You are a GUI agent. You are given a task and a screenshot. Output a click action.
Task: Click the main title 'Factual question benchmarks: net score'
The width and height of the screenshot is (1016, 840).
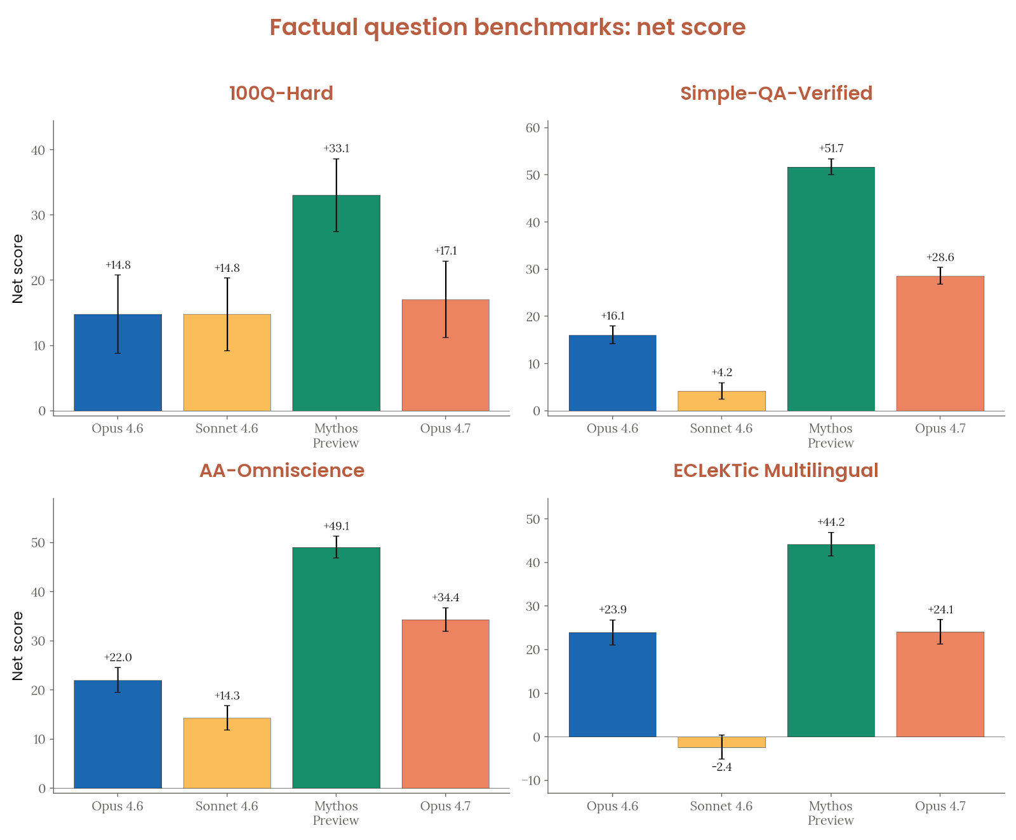pyautogui.click(x=507, y=27)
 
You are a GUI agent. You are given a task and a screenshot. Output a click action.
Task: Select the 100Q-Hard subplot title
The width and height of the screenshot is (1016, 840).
pyautogui.click(x=281, y=93)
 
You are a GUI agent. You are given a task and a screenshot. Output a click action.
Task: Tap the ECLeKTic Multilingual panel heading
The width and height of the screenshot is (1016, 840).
pyautogui.click(x=775, y=470)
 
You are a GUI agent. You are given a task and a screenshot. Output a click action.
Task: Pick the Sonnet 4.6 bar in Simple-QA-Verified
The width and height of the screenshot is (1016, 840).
pyautogui.click(x=721, y=401)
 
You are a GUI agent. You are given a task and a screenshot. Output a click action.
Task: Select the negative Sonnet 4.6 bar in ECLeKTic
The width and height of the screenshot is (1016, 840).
pyautogui.click(x=721, y=742)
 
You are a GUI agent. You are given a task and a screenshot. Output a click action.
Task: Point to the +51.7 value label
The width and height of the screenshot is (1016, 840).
pyautogui.click(x=831, y=149)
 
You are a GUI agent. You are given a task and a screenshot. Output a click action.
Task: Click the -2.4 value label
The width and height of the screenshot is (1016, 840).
pyautogui.click(x=721, y=767)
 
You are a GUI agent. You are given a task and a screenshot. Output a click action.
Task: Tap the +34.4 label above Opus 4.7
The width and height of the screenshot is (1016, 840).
pyautogui.click(x=445, y=597)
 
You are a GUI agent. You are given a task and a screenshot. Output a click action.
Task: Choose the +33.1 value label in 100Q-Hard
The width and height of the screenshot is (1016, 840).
pyautogui.click(x=336, y=149)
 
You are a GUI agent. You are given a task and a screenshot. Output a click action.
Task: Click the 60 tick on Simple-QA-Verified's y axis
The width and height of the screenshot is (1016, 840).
pyautogui.click(x=532, y=128)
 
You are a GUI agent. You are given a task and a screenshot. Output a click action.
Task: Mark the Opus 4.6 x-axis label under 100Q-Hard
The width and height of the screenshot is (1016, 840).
pyautogui.click(x=117, y=429)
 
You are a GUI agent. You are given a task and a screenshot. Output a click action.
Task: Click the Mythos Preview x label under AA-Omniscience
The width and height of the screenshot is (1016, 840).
pyautogui.click(x=336, y=813)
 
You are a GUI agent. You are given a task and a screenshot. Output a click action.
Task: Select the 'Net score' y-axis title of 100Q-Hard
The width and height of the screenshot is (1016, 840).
pyautogui.click(x=18, y=269)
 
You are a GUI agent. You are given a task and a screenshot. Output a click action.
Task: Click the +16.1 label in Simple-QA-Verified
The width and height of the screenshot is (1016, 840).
pyautogui.click(x=612, y=316)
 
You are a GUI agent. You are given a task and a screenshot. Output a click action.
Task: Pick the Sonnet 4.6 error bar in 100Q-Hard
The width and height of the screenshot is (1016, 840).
pyautogui.click(x=227, y=314)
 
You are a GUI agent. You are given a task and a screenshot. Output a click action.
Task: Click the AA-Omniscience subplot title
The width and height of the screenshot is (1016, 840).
pyautogui.click(x=281, y=470)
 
